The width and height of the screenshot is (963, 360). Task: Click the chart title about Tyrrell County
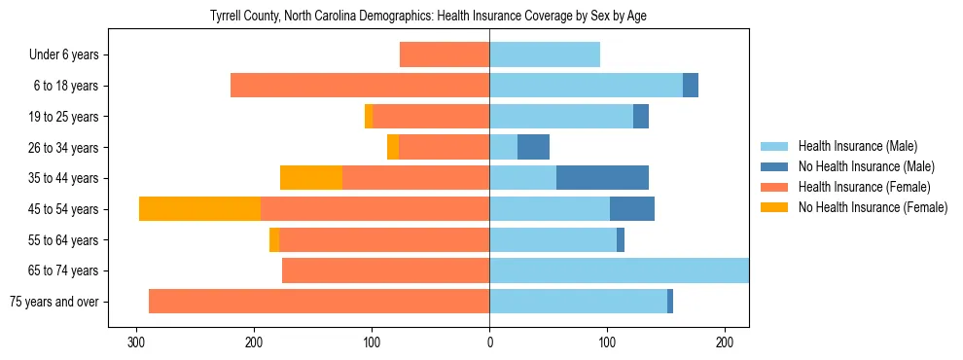[x=428, y=17]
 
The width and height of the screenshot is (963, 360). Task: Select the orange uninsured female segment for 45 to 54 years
[x=199, y=209]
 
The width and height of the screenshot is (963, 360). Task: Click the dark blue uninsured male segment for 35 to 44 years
[x=602, y=178]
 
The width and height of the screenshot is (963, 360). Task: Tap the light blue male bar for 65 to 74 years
[x=619, y=270]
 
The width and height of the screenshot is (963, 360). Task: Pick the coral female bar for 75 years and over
[x=319, y=302]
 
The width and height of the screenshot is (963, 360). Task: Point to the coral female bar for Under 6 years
[x=445, y=54]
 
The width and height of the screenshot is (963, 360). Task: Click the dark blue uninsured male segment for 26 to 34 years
[x=533, y=147]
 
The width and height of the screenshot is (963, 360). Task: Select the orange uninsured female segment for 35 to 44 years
[x=311, y=178]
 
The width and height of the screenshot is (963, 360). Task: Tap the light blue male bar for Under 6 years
[x=545, y=54]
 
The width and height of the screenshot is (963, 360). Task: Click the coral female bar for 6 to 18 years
[x=360, y=86]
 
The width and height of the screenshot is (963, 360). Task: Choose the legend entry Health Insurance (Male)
[x=858, y=146]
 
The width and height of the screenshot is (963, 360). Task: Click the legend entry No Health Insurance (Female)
[x=872, y=207]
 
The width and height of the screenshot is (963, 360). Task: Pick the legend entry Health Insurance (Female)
[x=864, y=187]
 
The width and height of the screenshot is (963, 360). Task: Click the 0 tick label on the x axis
[x=489, y=342]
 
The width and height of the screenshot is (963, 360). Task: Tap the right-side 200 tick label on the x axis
[x=725, y=342]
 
